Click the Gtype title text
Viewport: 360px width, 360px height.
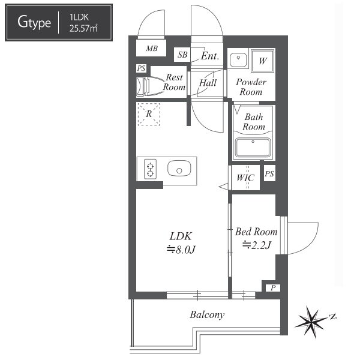point(34,23)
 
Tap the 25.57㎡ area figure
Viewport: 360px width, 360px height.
point(83,28)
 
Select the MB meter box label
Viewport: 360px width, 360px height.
point(152,49)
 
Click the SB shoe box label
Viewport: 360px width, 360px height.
point(182,55)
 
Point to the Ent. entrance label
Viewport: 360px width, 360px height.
point(210,56)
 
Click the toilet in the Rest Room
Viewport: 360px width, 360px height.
point(149,86)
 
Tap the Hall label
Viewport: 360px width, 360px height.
point(208,83)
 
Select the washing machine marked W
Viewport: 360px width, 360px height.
point(262,61)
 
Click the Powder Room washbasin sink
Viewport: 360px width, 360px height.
point(238,59)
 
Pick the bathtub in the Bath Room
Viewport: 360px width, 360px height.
point(253,147)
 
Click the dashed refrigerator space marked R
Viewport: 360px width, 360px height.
point(149,114)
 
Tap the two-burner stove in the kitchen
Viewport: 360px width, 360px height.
point(150,169)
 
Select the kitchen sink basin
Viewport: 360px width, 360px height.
point(179,169)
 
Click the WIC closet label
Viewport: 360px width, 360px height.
point(245,178)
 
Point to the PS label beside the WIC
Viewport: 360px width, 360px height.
point(269,173)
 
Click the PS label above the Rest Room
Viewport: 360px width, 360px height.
point(141,68)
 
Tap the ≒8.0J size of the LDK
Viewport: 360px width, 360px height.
point(181,250)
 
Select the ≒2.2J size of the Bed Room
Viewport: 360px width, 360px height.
point(257,245)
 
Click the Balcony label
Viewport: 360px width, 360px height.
point(207,315)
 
